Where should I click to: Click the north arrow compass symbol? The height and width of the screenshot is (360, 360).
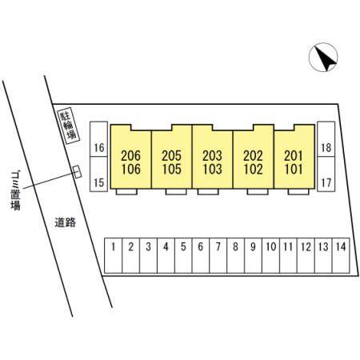pyautogui.click(x=323, y=57)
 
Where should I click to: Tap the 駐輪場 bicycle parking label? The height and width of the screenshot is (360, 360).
pyautogui.click(x=69, y=126)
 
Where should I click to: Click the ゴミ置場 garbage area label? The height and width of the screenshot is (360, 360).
pyautogui.click(x=15, y=191)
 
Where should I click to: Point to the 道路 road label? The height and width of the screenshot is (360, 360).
pyautogui.click(x=66, y=222)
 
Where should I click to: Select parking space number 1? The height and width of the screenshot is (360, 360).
pyautogui.click(x=113, y=255)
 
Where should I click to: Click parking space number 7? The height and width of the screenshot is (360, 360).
pyautogui.click(x=218, y=255)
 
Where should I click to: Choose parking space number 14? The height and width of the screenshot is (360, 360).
pyautogui.click(x=341, y=255)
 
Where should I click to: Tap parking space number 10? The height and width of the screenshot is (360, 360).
pyautogui.click(x=270, y=255)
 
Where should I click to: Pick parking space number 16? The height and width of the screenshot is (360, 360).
pyautogui.click(x=98, y=139)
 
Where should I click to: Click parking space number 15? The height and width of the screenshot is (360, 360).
pyautogui.click(x=98, y=174)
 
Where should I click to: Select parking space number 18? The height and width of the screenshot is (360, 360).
pyautogui.click(x=326, y=139)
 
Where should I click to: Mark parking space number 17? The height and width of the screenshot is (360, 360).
pyautogui.click(x=326, y=174)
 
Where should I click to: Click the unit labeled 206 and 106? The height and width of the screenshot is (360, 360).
pyautogui.click(x=131, y=159)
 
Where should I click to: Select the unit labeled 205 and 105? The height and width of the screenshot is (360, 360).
pyautogui.click(x=172, y=159)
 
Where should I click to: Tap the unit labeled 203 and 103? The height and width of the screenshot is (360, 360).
pyautogui.click(x=212, y=159)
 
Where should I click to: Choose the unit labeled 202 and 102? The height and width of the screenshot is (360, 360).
pyautogui.click(x=254, y=159)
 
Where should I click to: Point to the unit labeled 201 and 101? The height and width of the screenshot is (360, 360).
pyautogui.click(x=294, y=159)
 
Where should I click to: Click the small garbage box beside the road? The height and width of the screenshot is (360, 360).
pyautogui.click(x=77, y=172)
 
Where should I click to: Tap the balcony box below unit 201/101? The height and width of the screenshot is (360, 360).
pyautogui.click(x=298, y=191)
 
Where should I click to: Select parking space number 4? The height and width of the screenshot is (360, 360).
pyautogui.click(x=166, y=255)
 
